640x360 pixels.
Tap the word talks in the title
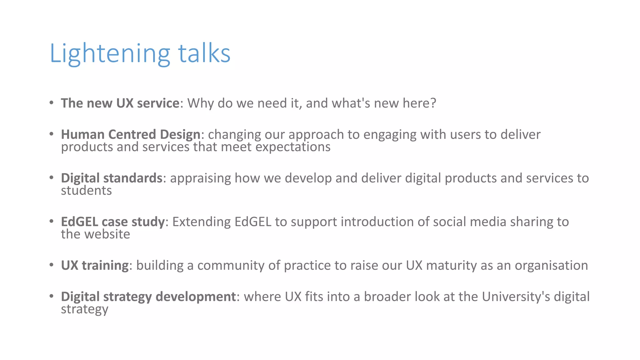click(204, 54)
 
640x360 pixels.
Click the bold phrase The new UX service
click(120, 103)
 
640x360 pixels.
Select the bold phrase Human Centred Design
click(130, 134)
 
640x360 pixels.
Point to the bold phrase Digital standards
click(112, 178)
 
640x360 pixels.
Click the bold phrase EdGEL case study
click(112, 222)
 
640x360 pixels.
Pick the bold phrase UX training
click(94, 265)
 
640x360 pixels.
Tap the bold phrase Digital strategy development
click(148, 297)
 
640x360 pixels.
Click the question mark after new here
click(433, 103)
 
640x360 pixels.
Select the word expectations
click(293, 147)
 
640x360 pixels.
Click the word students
click(86, 191)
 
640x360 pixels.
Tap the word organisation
click(551, 265)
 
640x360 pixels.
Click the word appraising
click(200, 178)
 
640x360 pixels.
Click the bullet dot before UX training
click(52, 265)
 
